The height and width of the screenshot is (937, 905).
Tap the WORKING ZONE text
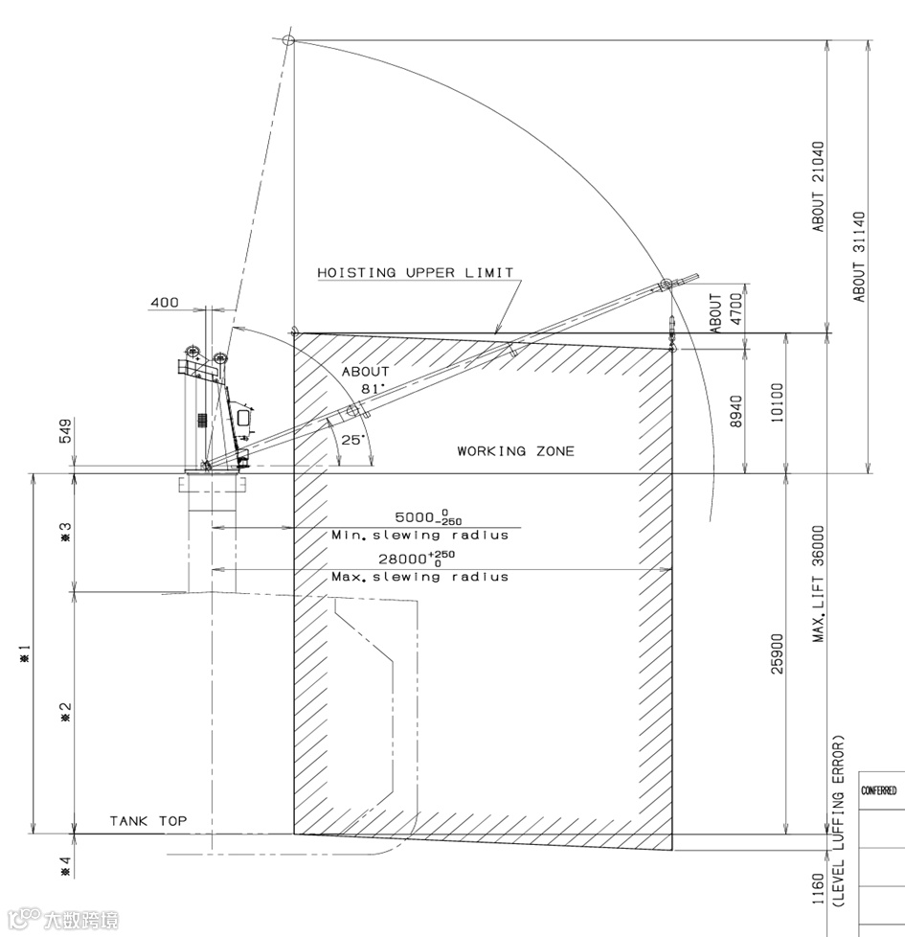515,450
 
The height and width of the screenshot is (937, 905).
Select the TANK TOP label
147,821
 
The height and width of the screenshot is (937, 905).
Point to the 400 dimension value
164,304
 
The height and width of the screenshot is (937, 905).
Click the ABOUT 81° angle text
366,379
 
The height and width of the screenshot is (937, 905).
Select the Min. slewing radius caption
419,535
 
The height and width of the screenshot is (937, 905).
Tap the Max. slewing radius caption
419,577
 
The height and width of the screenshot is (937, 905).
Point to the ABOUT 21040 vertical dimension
818,187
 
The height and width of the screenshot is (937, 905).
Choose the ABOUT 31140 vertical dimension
859,257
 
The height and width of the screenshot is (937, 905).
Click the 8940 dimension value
735,413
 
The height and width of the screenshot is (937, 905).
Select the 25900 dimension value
777,652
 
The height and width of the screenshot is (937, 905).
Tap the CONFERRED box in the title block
880,791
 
